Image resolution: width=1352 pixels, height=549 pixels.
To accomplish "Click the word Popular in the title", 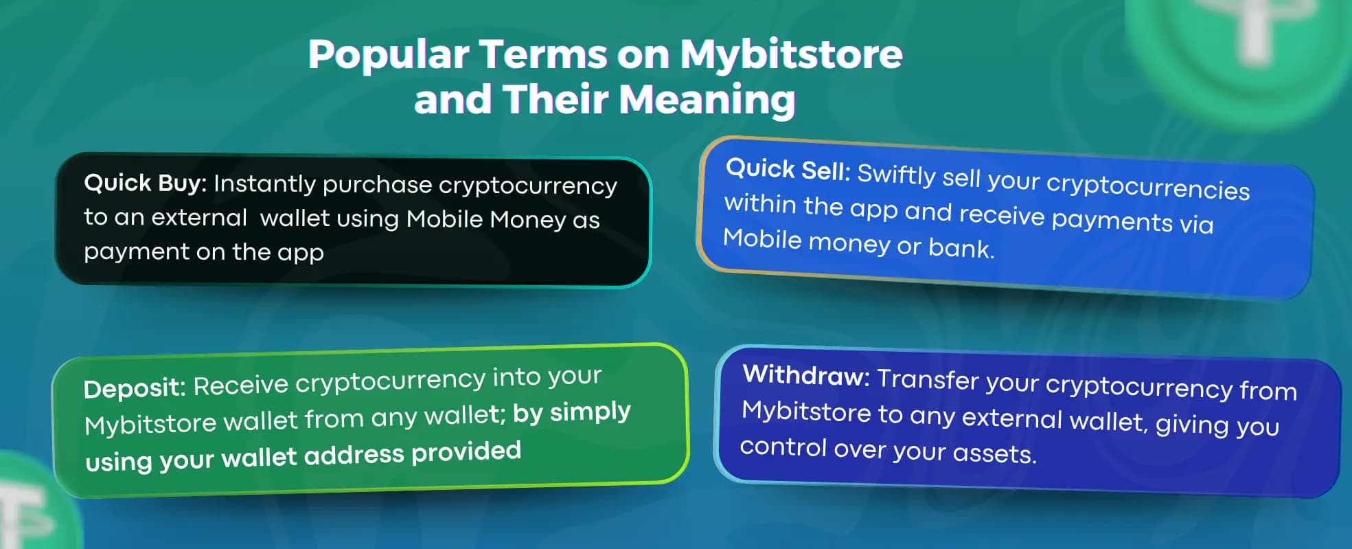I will (x=389, y=55).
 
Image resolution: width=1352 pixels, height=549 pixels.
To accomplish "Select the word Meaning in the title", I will (x=707, y=100).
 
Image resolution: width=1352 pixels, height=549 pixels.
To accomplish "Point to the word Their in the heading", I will (x=555, y=98).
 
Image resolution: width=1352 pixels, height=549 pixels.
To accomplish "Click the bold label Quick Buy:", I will (x=145, y=183).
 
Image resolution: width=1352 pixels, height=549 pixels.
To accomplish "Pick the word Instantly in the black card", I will (x=264, y=184).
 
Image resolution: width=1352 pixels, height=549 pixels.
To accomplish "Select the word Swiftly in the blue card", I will (x=896, y=175).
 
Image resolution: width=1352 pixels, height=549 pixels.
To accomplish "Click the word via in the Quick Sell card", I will (x=1195, y=224).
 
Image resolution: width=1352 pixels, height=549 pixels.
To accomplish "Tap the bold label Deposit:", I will (x=135, y=388).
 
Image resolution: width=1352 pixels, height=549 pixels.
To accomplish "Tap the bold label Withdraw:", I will (x=806, y=375).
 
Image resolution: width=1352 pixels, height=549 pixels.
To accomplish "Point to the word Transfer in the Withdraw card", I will (x=928, y=379).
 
